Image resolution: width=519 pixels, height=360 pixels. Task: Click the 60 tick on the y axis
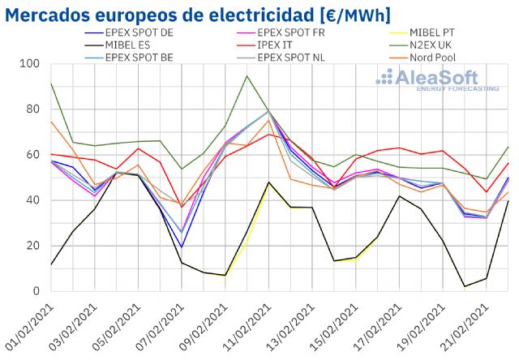coord(33,155)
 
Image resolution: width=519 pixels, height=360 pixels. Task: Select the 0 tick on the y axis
coord(36,291)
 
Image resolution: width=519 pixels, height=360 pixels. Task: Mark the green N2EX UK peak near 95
coord(247,76)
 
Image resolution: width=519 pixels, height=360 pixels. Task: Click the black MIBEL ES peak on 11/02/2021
coord(268,182)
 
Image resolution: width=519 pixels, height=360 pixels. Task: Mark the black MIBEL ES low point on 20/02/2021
coord(465,286)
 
